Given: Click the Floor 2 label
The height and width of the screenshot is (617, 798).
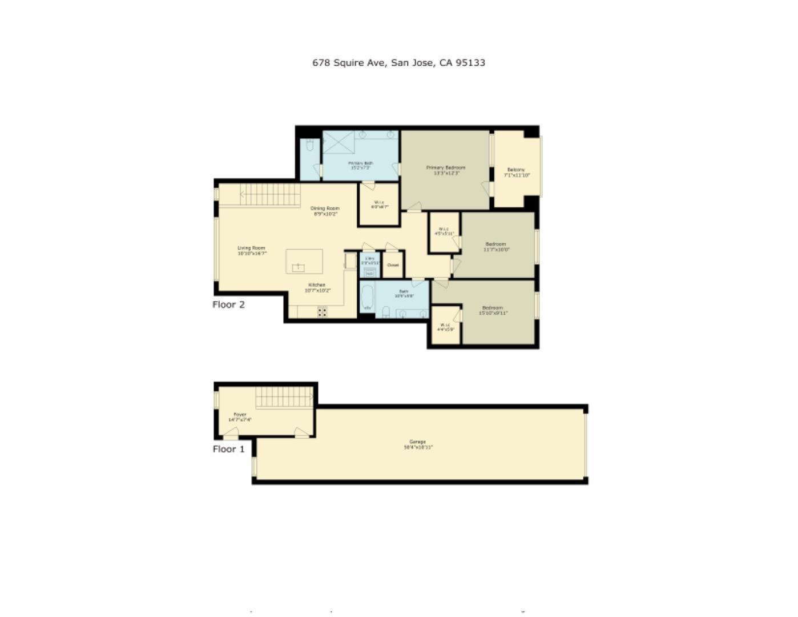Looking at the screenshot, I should coord(228,305).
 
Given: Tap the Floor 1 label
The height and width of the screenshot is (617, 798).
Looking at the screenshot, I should coord(228,449).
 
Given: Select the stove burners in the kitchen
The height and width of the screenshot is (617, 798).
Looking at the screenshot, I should coord(322,311).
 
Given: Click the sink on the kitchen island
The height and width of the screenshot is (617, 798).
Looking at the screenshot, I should coord(299,267).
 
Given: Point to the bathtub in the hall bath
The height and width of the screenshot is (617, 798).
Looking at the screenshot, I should coord(367,298).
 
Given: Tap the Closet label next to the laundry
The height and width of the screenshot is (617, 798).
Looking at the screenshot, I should coord(393,265).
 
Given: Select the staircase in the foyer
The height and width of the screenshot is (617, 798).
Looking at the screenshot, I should coord(284,397).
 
